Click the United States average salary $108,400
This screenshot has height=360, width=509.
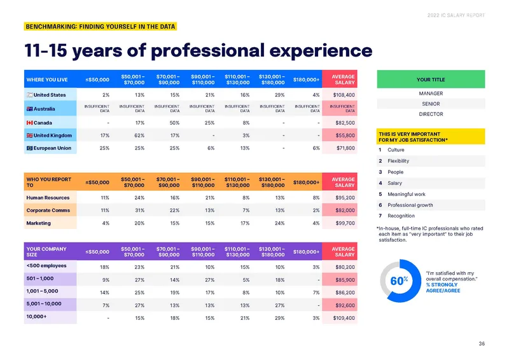tap(344, 95)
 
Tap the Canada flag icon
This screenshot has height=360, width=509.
tap(29, 123)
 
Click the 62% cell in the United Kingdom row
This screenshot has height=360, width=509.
tap(139, 135)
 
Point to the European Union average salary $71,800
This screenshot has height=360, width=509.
tap(345, 148)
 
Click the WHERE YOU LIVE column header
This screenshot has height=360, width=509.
tap(47, 80)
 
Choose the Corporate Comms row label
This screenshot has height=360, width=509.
tap(48, 211)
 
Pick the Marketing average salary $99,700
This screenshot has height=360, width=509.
tap(345, 223)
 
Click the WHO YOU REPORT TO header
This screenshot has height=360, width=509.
tap(49, 182)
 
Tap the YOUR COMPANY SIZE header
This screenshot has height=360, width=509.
tap(46, 252)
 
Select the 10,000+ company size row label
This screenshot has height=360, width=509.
tap(36, 317)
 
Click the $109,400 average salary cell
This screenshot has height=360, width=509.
tap(344, 318)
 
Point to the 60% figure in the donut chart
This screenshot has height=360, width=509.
tap(399, 280)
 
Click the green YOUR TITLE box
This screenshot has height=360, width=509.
tap(431, 80)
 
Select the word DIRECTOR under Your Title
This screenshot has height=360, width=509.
tap(431, 114)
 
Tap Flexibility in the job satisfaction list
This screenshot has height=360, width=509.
tap(398, 161)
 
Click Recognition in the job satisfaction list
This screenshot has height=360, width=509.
tap(401, 216)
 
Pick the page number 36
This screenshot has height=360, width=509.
tap(482, 343)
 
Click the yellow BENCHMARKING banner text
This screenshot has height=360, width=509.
tap(101, 27)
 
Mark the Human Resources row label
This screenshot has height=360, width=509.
tap(48, 198)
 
